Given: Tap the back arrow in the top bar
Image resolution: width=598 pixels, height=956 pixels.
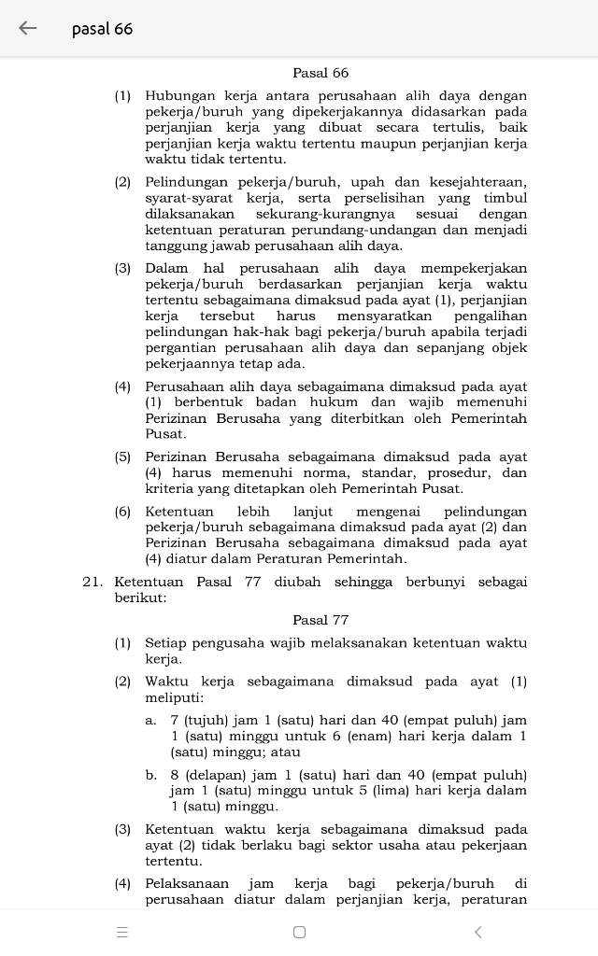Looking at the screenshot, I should click(28, 28).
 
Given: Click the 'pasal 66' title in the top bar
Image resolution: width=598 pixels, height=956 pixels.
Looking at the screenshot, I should click(102, 29).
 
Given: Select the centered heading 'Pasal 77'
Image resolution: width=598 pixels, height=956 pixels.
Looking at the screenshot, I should click(320, 620).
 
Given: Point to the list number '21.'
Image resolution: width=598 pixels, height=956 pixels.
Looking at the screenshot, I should click(93, 582).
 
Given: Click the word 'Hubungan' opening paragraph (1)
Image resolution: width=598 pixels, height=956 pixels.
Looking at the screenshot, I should click(180, 96).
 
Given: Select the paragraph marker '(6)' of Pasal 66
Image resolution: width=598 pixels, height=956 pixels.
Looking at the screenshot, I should click(123, 512).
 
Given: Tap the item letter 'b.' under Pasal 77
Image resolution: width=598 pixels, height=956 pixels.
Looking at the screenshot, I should click(150, 775).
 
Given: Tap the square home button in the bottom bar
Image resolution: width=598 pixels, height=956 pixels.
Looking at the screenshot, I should click(299, 932).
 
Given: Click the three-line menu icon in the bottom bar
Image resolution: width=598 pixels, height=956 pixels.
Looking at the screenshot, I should click(121, 932).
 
